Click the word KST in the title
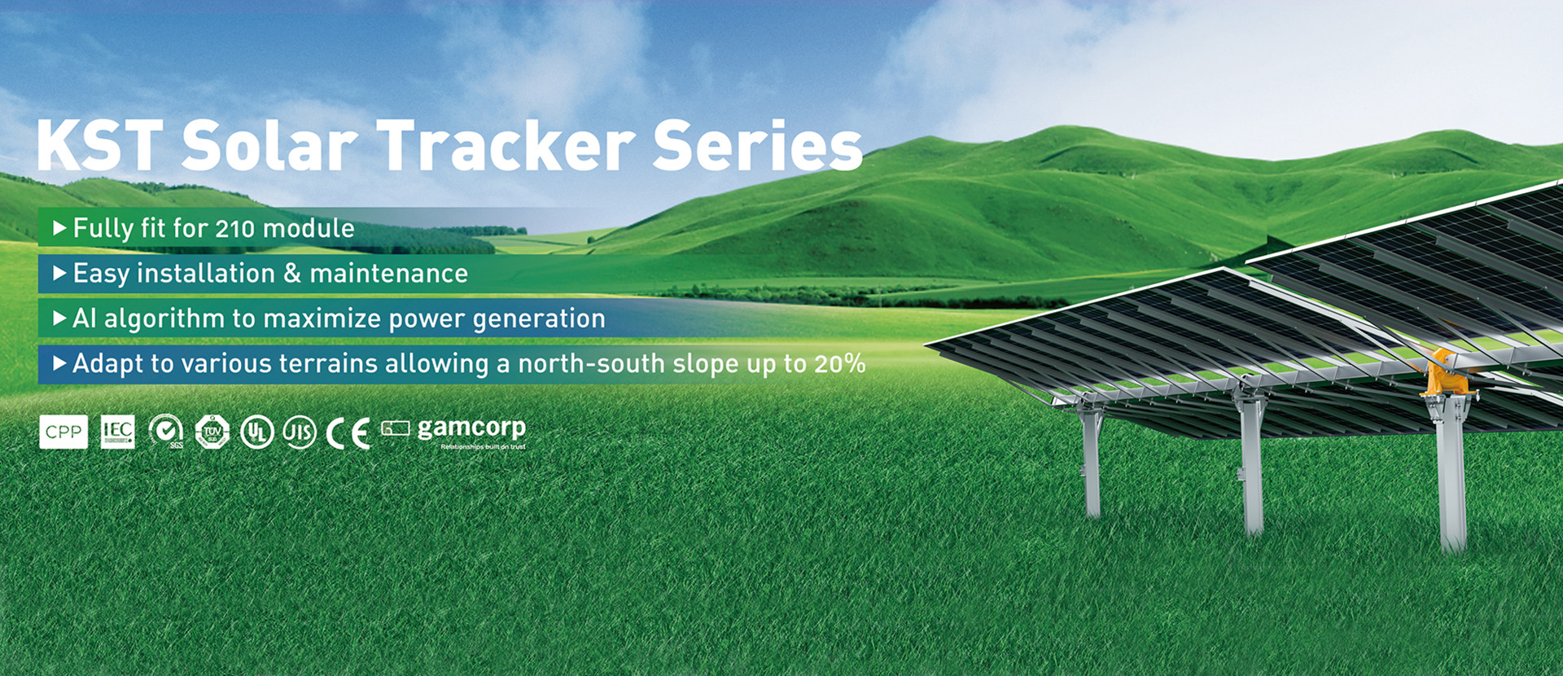pyautogui.click(x=99, y=146)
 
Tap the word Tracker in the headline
pyautogui.click(x=505, y=146)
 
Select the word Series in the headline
pyautogui.click(x=757, y=146)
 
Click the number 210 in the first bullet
pyautogui.click(x=235, y=229)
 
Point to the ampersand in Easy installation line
pyautogui.click(x=292, y=274)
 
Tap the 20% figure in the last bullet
pyautogui.click(x=839, y=363)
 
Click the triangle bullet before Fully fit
pyautogui.click(x=59, y=228)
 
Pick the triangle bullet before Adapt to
pyautogui.click(x=59, y=363)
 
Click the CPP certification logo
pyautogui.click(x=63, y=432)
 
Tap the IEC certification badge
pyautogui.click(x=117, y=432)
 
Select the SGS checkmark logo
pyautogui.click(x=166, y=431)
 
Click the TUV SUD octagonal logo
pyautogui.click(x=212, y=432)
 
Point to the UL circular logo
pyautogui.click(x=256, y=432)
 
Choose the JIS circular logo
pyautogui.click(x=299, y=432)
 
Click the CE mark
pyautogui.click(x=348, y=433)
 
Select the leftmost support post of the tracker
pyautogui.click(x=1091, y=464)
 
